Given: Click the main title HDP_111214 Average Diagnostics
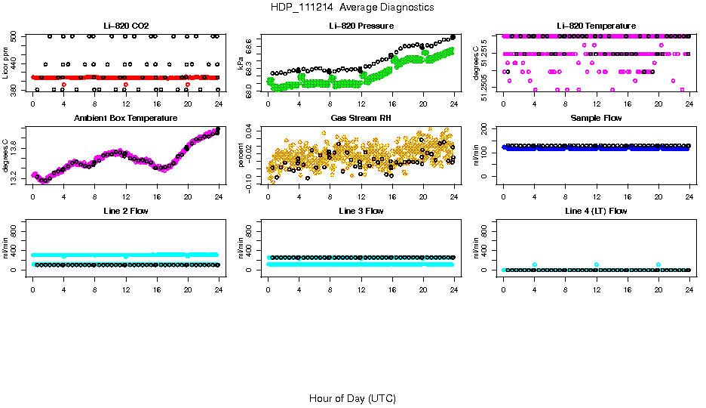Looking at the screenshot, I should coord(352,7).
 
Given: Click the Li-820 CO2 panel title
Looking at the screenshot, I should coord(126,26).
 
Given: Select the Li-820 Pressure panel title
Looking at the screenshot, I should coord(361,26).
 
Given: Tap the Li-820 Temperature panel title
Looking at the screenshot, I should coord(597,26).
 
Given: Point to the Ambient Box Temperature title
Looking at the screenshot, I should coord(126,118).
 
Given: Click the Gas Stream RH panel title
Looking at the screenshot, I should coord(361,118).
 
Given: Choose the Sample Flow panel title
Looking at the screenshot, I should coord(597,118).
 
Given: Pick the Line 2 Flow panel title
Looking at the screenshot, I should coord(126,211).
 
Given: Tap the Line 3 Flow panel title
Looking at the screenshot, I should coord(361,211).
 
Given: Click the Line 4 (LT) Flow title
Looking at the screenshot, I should coord(597,211).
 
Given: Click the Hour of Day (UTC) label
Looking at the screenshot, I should coord(352,398).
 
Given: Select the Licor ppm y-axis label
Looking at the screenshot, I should coord(6,63).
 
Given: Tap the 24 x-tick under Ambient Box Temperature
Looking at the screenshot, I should coord(219,197).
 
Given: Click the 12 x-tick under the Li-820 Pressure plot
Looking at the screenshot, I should coord(361,104).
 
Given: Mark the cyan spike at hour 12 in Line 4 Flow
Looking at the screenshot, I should coord(597,264).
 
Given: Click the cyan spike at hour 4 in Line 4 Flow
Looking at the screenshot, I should coord(535,264).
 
